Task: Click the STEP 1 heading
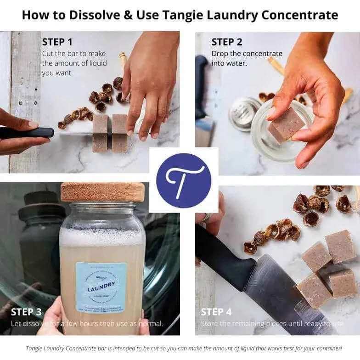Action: click(57, 42)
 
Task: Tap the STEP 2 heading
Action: click(227, 42)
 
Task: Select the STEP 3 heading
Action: click(26, 312)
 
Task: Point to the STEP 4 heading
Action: click(216, 312)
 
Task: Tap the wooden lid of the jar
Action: click(102, 192)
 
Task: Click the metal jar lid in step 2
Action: click(243, 112)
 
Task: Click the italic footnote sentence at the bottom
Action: click(184, 349)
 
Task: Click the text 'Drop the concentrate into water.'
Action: click(247, 58)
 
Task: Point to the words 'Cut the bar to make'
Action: click(73, 54)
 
